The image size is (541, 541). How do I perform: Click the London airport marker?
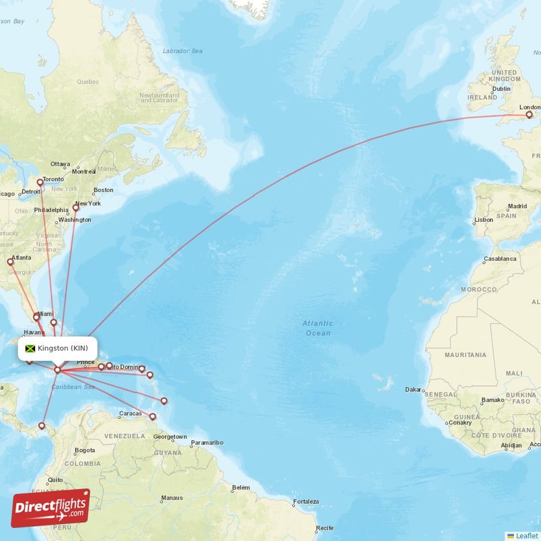(529, 115)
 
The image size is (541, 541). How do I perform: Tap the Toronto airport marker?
(40, 183)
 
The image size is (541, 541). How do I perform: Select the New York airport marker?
(76, 208)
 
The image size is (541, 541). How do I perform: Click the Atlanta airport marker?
(10, 262)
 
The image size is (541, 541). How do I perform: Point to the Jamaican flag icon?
(30, 348)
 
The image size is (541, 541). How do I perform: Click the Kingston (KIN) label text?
(63, 348)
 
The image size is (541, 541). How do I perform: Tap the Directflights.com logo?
(51, 507)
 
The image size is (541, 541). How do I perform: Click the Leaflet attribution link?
(526, 535)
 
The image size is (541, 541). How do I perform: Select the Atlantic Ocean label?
(317, 328)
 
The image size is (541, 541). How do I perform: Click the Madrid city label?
(517, 206)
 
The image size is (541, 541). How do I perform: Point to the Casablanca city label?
(500, 259)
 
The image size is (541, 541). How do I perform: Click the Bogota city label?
(85, 450)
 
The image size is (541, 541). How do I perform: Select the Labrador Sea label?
(183, 51)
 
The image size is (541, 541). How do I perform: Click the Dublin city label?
(501, 89)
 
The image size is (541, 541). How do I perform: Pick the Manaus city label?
(172, 498)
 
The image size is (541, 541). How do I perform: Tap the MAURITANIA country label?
(465, 354)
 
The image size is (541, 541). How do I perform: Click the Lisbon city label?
(484, 220)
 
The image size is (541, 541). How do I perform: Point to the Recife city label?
(325, 527)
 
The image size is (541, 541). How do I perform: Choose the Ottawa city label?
(60, 164)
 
